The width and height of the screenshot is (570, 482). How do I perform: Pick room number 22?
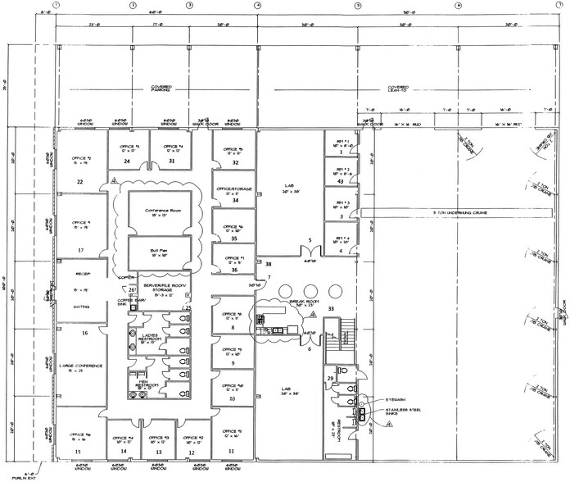click(81, 181)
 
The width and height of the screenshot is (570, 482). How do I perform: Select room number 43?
click(340, 181)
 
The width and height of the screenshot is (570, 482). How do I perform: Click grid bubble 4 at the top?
click(257, 6)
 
